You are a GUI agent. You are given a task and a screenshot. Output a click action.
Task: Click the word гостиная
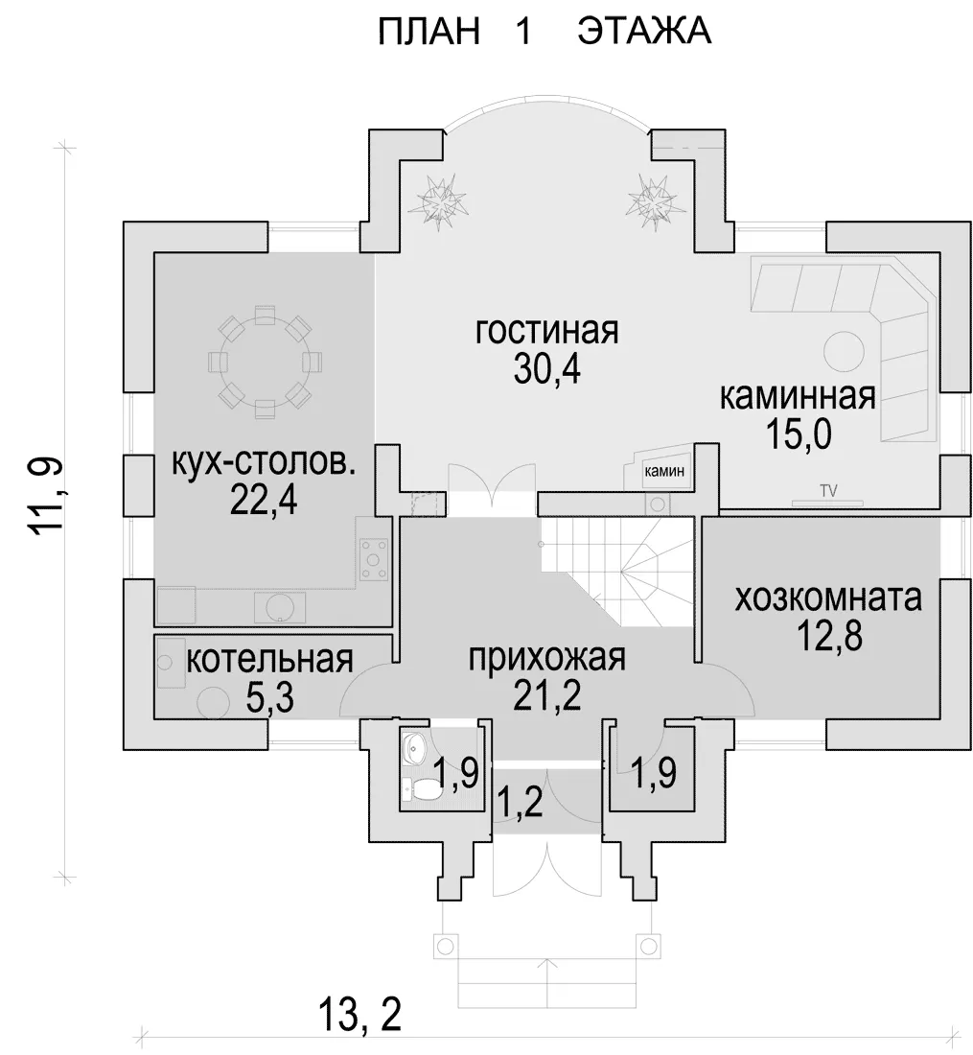click(x=546, y=332)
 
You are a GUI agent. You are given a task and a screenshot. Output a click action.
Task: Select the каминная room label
click(x=798, y=397)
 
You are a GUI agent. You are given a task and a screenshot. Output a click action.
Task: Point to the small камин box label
click(x=664, y=471)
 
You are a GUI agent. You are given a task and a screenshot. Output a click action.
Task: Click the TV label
click(x=828, y=490)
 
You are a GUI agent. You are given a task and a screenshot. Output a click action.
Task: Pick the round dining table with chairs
click(x=265, y=362)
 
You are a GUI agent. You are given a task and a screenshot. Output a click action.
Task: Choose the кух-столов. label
click(x=264, y=464)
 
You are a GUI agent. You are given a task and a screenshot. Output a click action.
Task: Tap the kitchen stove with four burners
click(x=373, y=559)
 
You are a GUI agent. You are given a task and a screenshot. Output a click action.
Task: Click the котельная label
click(x=269, y=660)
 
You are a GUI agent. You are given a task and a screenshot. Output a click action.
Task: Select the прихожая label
click(x=546, y=658)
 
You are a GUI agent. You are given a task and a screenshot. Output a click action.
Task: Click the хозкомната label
click(x=827, y=598)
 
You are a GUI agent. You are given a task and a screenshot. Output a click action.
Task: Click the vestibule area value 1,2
click(x=520, y=803)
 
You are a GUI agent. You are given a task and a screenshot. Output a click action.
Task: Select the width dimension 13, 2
click(x=359, y=1015)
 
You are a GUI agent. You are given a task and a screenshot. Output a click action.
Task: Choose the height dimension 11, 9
click(x=47, y=497)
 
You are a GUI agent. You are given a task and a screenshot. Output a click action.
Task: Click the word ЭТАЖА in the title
click(x=644, y=31)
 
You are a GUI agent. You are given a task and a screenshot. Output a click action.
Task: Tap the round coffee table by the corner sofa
click(x=844, y=352)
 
